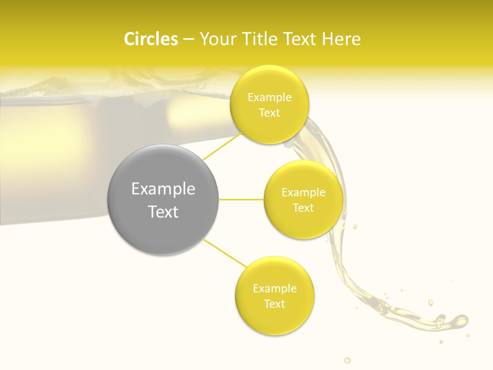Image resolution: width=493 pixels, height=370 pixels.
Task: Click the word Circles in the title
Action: pos(150,39)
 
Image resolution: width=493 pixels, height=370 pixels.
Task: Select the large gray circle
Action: pos(163,199)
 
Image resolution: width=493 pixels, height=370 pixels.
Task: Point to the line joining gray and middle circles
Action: pos(241,199)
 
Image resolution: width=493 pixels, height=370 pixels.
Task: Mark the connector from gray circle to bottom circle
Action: pos(224,253)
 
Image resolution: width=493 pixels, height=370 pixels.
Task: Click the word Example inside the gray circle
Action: pos(163,189)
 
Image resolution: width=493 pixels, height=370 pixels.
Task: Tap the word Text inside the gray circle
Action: pos(163,212)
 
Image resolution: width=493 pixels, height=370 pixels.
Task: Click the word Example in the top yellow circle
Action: pos(270,97)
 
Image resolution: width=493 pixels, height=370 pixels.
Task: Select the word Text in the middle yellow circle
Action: pos(303,208)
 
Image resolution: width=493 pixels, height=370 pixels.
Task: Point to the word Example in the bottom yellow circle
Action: pos(275,288)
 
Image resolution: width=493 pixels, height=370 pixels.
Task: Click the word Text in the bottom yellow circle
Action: pos(275,304)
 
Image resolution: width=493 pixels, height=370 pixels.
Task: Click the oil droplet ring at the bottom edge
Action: pos(347,360)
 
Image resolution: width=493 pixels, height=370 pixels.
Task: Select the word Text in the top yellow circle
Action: pos(270,113)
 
